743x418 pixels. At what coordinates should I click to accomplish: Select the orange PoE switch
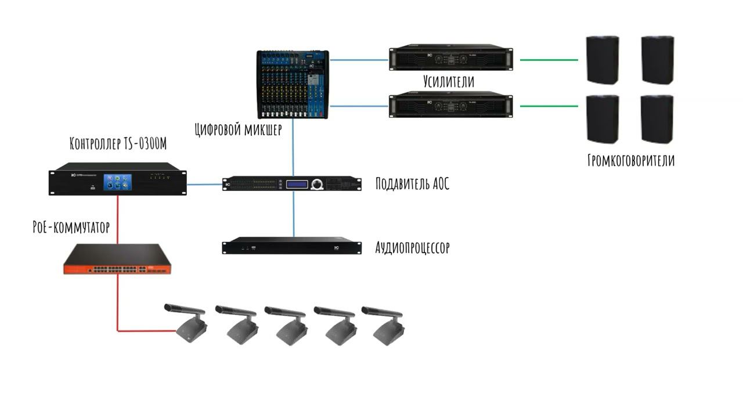[117, 260]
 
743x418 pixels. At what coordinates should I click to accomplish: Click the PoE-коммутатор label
[71, 226]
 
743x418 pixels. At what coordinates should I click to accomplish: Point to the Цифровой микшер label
[239, 129]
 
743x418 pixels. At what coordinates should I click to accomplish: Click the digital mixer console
[293, 84]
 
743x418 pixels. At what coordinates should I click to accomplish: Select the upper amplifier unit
[451, 57]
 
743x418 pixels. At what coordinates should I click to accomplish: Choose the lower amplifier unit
[451, 105]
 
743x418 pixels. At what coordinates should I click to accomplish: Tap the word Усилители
[449, 81]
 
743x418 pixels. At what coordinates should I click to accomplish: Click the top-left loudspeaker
[602, 60]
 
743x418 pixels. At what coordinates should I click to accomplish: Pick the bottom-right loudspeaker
[657, 119]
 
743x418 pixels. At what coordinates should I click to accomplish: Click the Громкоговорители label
[631, 160]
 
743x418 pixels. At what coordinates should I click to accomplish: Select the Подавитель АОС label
[413, 184]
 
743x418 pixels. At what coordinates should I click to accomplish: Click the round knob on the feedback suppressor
[316, 185]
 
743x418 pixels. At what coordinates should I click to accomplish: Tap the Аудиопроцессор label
[413, 248]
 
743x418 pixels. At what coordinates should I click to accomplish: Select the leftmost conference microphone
[187, 325]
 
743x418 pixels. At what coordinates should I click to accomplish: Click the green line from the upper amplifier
[549, 59]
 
